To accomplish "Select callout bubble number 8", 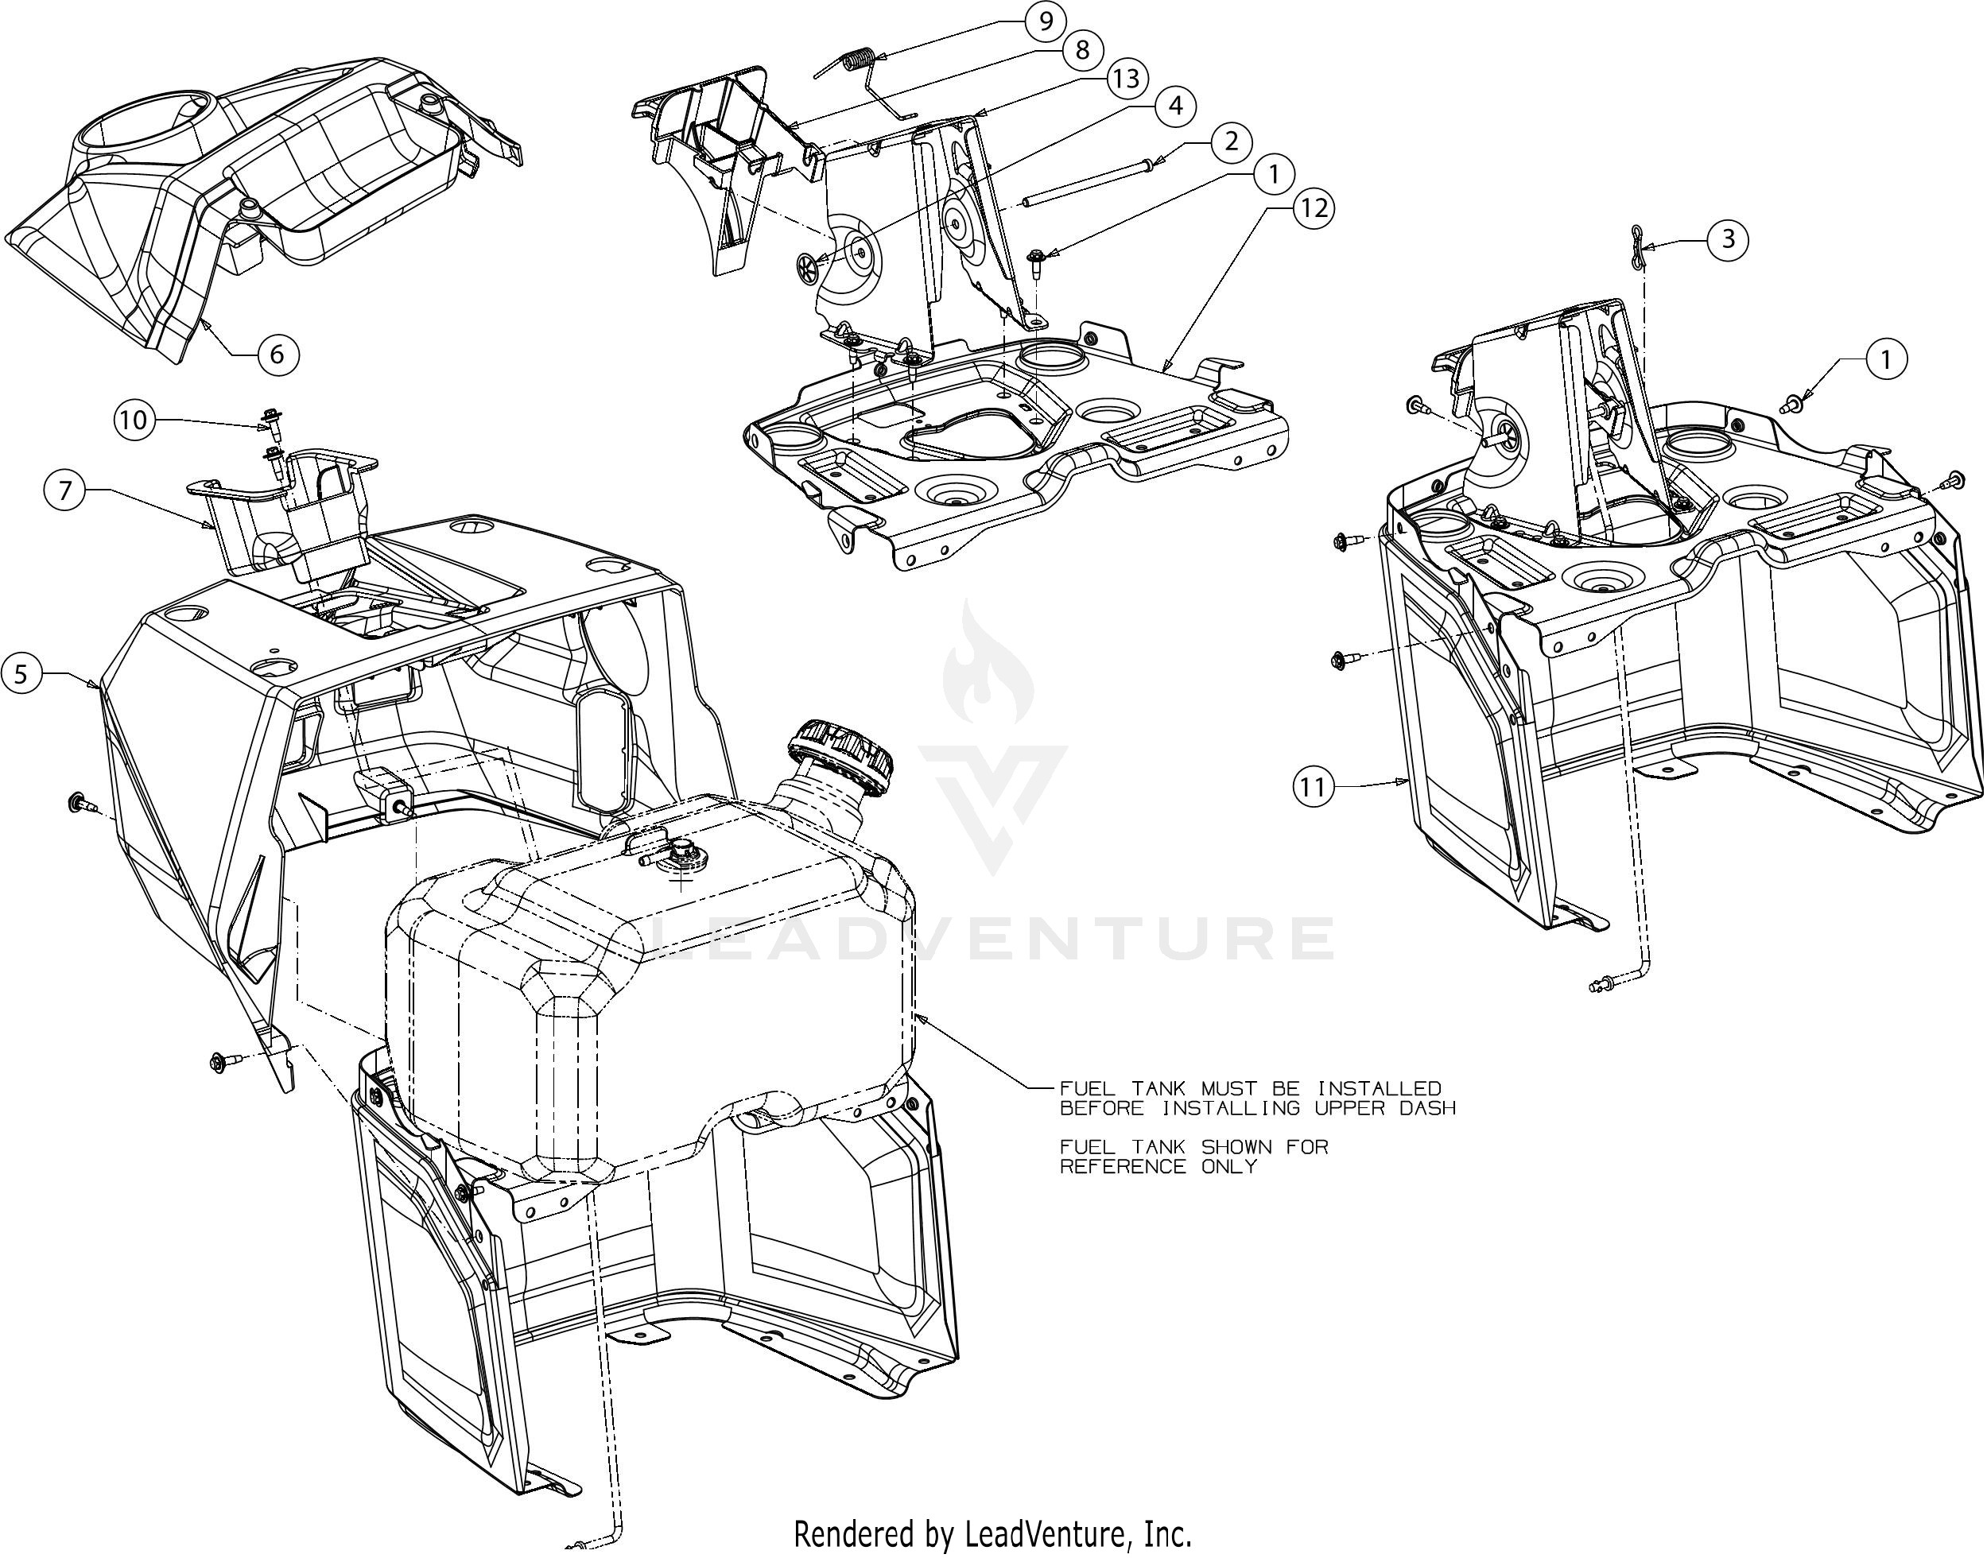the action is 1083,49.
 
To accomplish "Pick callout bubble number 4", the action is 1175,107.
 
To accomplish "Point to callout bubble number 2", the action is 1232,141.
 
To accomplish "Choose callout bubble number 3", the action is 1728,240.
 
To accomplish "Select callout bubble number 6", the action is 277,353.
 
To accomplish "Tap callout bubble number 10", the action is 134,420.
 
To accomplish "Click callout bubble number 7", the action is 64,492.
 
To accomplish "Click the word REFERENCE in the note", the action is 1123,1166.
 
